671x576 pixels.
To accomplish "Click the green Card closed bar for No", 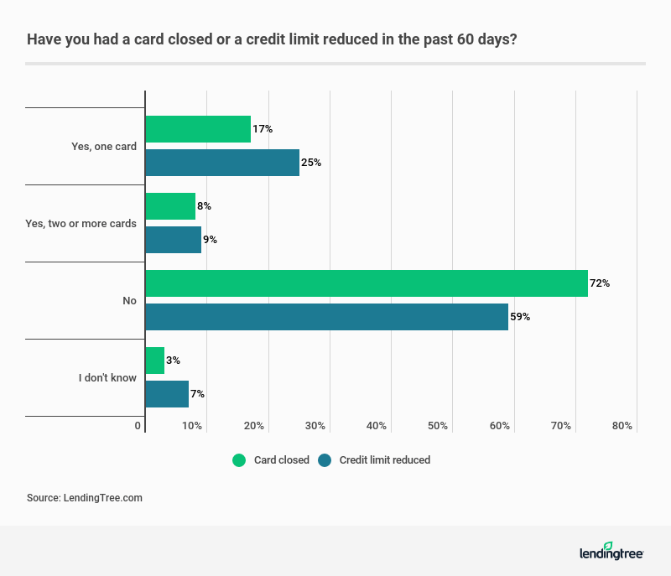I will [x=366, y=283].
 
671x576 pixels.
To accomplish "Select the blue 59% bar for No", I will [x=326, y=317].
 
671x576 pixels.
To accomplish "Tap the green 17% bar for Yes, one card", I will [x=198, y=129].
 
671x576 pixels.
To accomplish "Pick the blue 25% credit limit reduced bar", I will [x=222, y=163].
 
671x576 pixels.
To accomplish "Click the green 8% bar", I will [x=170, y=206].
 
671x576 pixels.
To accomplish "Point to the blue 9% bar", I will [x=174, y=240].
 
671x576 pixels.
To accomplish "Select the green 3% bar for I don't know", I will [x=155, y=361].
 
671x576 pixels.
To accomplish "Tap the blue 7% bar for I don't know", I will [x=167, y=394].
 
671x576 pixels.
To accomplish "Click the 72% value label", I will [x=600, y=283].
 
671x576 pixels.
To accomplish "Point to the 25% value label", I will [x=311, y=163].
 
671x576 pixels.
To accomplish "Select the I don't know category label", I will [x=107, y=378].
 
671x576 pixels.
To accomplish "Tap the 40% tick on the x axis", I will [x=377, y=426].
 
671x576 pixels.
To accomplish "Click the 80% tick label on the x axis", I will [x=622, y=426].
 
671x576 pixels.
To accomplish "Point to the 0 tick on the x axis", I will [x=138, y=426].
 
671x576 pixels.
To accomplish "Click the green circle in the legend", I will [x=239, y=460].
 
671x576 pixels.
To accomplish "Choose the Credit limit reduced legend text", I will [x=384, y=460].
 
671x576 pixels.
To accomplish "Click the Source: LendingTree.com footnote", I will [x=85, y=498].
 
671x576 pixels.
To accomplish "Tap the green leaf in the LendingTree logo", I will [x=608, y=546].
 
